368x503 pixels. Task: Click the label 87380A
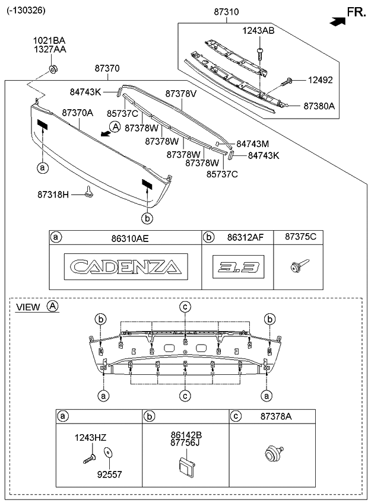(x=319, y=106)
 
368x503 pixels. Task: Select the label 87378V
(x=180, y=94)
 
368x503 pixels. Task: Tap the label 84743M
(x=252, y=144)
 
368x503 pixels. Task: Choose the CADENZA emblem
(x=125, y=265)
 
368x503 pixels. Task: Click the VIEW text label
(x=28, y=307)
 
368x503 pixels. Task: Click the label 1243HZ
(x=90, y=437)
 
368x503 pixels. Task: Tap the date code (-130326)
(x=26, y=10)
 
